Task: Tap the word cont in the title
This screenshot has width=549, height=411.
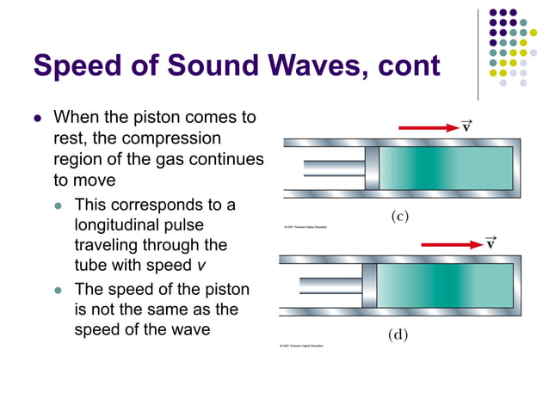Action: (399, 65)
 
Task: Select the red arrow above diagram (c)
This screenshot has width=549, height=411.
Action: (429, 127)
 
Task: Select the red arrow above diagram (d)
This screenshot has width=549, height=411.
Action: (451, 244)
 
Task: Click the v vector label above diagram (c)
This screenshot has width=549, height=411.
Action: (466, 126)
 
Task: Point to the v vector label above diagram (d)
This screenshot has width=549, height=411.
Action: (490, 242)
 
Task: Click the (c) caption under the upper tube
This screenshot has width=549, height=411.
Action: (400, 217)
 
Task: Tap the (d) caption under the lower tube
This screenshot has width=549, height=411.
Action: (397, 334)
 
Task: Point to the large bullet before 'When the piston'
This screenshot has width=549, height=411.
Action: (37, 116)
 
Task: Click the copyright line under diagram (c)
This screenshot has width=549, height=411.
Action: (305, 227)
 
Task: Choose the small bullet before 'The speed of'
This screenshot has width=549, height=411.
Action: (59, 289)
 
